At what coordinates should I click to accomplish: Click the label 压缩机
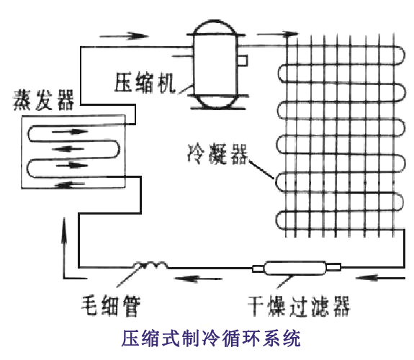145,83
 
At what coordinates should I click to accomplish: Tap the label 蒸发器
44,100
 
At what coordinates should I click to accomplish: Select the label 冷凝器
217,154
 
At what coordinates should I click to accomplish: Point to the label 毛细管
110,305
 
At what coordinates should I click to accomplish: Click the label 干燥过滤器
299,306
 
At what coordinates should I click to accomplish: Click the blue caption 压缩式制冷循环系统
211,338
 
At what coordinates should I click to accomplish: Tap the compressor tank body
215,64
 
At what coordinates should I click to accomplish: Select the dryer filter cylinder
296,268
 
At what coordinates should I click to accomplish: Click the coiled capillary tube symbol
150,265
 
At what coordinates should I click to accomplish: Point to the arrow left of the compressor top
124,36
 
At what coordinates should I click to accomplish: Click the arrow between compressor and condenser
277,34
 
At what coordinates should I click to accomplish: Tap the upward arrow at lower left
64,248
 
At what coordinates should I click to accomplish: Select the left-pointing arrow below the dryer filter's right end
380,278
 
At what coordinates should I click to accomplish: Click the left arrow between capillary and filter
198,279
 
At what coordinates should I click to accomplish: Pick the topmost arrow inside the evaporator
70,131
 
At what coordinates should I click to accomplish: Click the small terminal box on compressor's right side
242,60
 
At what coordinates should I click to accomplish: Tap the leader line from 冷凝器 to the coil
261,170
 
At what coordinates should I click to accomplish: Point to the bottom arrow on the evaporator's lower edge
70,185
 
